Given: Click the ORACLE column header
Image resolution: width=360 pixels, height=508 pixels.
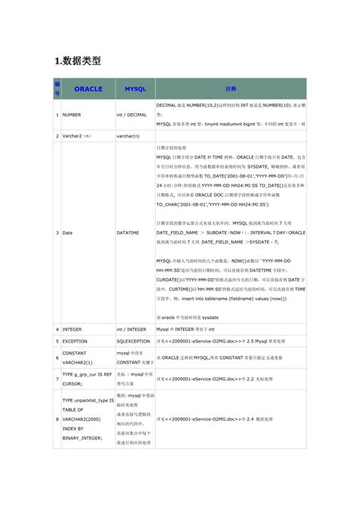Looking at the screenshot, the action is [x=88, y=89].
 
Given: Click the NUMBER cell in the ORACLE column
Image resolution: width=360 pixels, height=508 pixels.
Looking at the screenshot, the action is [x=72, y=115].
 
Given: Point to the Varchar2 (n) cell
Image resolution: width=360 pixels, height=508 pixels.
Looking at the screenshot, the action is [x=77, y=136].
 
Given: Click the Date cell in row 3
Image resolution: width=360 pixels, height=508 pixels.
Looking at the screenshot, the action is [x=68, y=232].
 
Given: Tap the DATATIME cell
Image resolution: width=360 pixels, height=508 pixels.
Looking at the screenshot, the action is [x=130, y=232].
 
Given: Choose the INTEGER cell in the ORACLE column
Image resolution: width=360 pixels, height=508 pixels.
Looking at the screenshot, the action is [x=73, y=330].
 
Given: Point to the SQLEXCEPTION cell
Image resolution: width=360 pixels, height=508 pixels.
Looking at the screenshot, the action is [x=134, y=342].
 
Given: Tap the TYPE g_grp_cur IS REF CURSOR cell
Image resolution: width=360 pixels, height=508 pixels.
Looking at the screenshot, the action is [x=86, y=379].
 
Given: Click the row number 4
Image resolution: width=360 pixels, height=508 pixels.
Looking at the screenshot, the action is [x=56, y=330].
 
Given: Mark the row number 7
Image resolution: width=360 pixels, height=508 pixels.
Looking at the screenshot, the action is [x=56, y=379].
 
